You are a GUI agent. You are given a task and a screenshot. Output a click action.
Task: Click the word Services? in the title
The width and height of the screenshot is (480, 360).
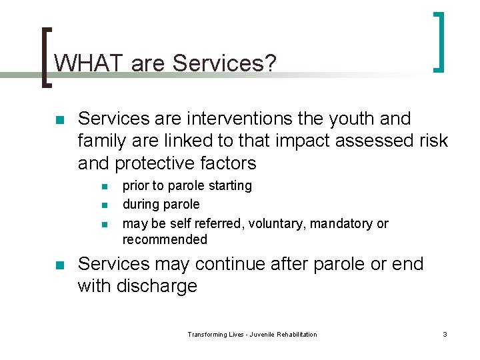[225, 63]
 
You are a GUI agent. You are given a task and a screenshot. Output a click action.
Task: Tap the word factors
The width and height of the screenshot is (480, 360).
[229, 163]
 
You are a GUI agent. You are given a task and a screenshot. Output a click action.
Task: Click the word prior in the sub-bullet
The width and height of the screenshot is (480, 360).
[136, 186]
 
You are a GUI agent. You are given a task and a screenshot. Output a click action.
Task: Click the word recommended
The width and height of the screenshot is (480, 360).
[165, 239]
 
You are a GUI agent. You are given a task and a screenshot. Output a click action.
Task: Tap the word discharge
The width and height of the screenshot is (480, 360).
[158, 286]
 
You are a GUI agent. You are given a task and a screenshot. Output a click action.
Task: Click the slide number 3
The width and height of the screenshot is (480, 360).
[445, 334]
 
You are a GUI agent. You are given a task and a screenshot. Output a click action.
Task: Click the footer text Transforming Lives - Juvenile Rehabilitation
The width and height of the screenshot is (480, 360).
[252, 334]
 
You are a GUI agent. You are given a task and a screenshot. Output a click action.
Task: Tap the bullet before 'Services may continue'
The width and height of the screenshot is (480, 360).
[59, 265]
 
